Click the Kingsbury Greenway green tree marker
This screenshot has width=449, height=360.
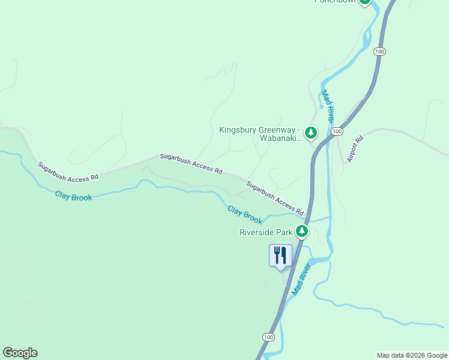pos(310,133)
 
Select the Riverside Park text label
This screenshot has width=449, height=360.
pos(266,232)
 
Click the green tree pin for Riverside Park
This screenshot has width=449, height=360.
pos(302,231)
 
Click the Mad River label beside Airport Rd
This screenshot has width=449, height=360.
pos(327,106)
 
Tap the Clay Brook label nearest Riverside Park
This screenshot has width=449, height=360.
pos(245,213)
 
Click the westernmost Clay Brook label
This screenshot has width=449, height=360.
pos(73,195)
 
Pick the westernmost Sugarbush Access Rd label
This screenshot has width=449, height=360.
pos(68,171)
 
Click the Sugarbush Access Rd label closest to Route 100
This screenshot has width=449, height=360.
pos(275,200)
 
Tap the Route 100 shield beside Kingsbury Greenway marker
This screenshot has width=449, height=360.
pos(337,131)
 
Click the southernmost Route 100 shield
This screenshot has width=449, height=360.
pos(268,337)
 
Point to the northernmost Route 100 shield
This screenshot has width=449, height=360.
pos(379,52)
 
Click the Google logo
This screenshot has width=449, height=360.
pos(20,353)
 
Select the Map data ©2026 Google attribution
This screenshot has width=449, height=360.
pos(412,355)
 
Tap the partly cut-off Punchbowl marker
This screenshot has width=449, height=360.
pos(364,2)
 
